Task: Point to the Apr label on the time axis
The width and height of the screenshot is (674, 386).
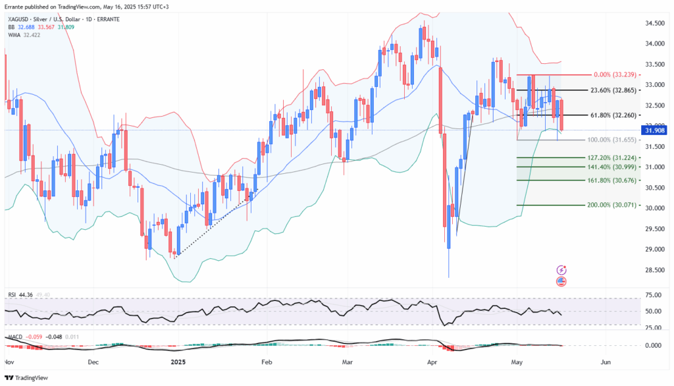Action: [434, 362]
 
